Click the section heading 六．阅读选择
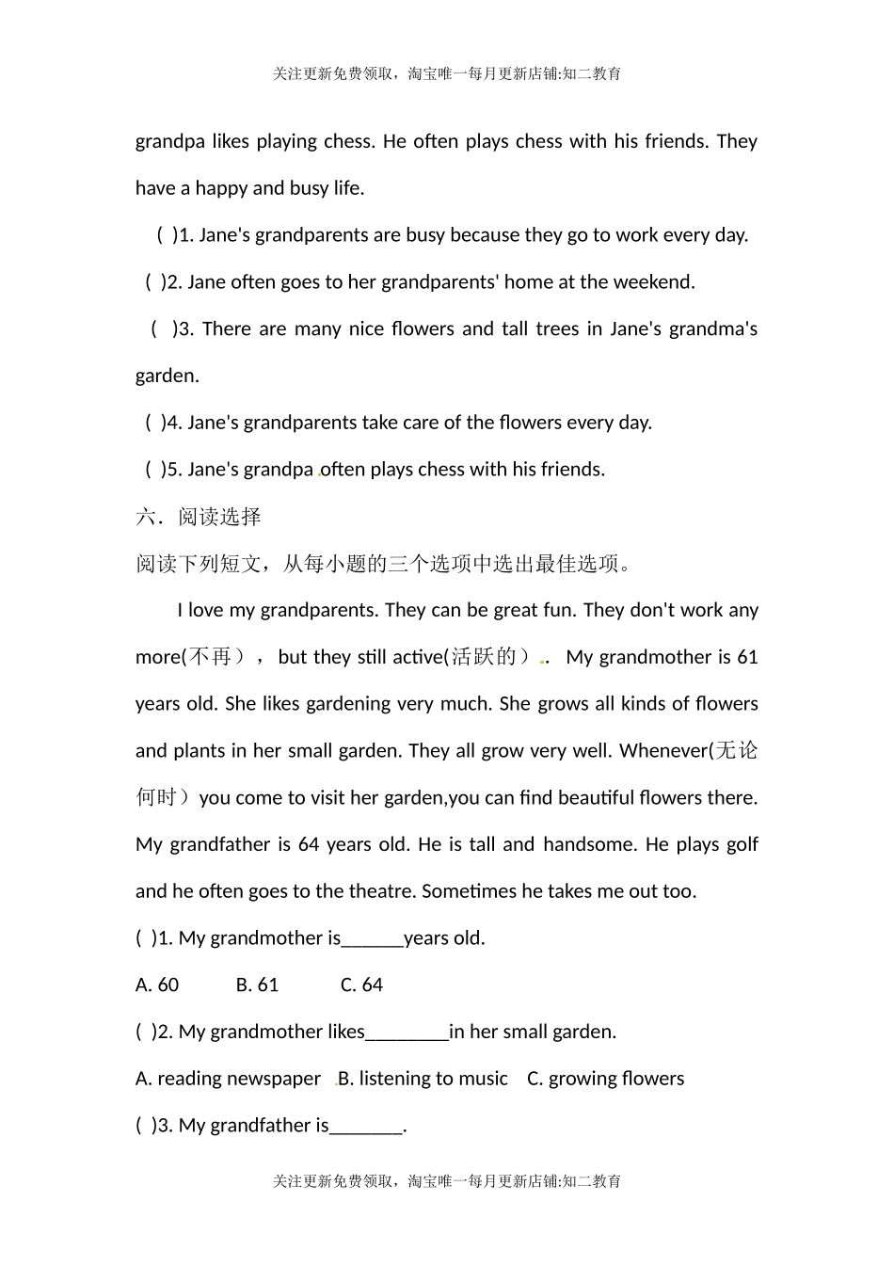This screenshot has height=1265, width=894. pyautogui.click(x=199, y=517)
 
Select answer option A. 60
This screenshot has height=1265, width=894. pyautogui.click(x=157, y=985)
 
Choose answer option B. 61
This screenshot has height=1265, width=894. pyautogui.click(x=257, y=985)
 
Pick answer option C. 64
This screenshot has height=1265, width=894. pyautogui.click(x=361, y=985)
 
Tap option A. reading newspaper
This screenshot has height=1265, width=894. pyautogui.click(x=229, y=1079)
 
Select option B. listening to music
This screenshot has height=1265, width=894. pyautogui.click(x=423, y=1079)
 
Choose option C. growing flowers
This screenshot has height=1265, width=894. pyautogui.click(x=605, y=1079)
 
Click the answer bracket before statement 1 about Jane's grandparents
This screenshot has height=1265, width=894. pyautogui.click(x=167, y=235)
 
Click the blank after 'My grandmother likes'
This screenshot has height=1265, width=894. pyautogui.click(x=407, y=1033)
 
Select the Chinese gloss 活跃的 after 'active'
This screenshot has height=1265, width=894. pyautogui.click(x=484, y=657)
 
